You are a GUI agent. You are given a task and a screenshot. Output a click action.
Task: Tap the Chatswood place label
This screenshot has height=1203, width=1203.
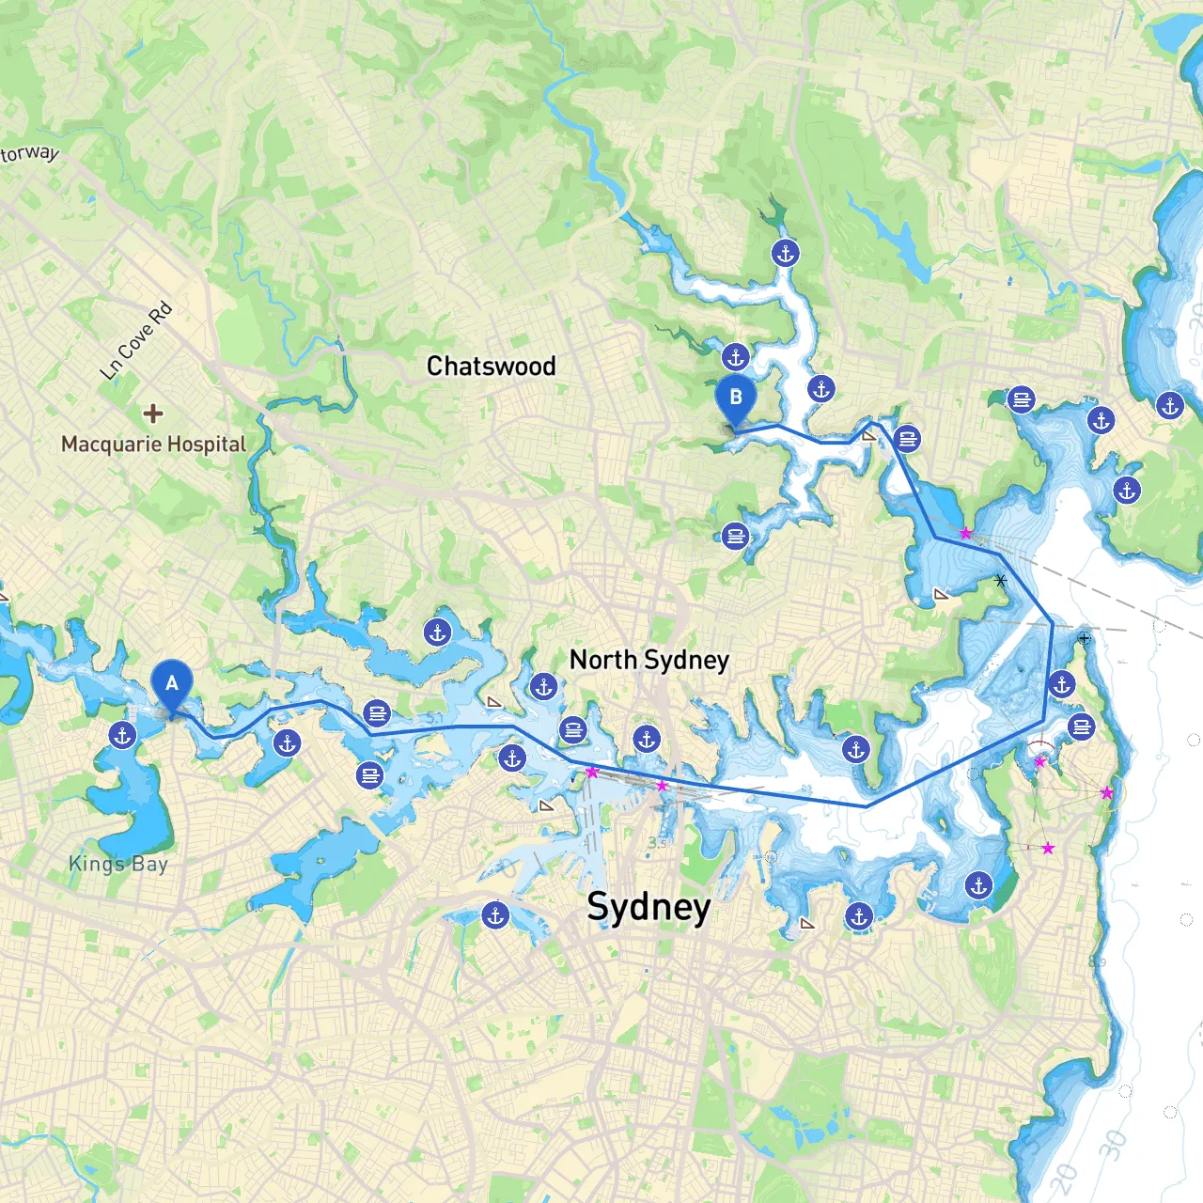tap(491, 367)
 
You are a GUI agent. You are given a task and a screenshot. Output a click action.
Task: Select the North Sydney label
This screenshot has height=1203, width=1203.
tap(648, 660)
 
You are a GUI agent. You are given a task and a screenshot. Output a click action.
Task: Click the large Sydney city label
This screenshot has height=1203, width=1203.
tap(648, 907)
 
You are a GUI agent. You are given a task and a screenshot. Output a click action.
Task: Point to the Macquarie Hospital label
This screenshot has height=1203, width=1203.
tap(153, 444)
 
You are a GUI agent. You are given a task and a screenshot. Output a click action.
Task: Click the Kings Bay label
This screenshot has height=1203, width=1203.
tap(118, 864)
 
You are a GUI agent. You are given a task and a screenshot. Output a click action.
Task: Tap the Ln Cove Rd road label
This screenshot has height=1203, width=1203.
tap(136, 340)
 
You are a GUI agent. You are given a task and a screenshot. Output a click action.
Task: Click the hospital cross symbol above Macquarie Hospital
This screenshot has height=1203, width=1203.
tap(152, 413)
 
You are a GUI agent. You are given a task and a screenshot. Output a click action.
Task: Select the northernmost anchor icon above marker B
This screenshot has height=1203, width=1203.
tap(785, 253)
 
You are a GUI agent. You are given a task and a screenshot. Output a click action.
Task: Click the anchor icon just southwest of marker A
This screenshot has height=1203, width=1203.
tap(122, 736)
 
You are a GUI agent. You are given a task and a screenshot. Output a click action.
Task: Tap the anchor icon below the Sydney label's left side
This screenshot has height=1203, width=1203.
tap(495, 914)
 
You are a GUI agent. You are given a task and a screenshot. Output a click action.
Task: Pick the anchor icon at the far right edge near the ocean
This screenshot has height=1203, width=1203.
tap(1170, 406)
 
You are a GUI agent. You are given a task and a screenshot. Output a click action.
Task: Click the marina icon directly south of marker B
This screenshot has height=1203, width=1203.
tap(736, 537)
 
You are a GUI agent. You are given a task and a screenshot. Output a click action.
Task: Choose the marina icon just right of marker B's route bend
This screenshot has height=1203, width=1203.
tap(907, 438)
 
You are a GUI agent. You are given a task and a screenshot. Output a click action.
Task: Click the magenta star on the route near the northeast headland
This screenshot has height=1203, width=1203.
tap(965, 533)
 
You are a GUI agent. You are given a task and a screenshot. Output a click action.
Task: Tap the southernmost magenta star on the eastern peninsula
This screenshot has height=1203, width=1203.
tap(1048, 848)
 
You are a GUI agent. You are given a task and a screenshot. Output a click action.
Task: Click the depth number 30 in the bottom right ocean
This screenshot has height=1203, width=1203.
tap(1113, 1144)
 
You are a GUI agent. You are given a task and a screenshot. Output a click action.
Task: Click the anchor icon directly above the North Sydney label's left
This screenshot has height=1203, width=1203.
tap(543, 687)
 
